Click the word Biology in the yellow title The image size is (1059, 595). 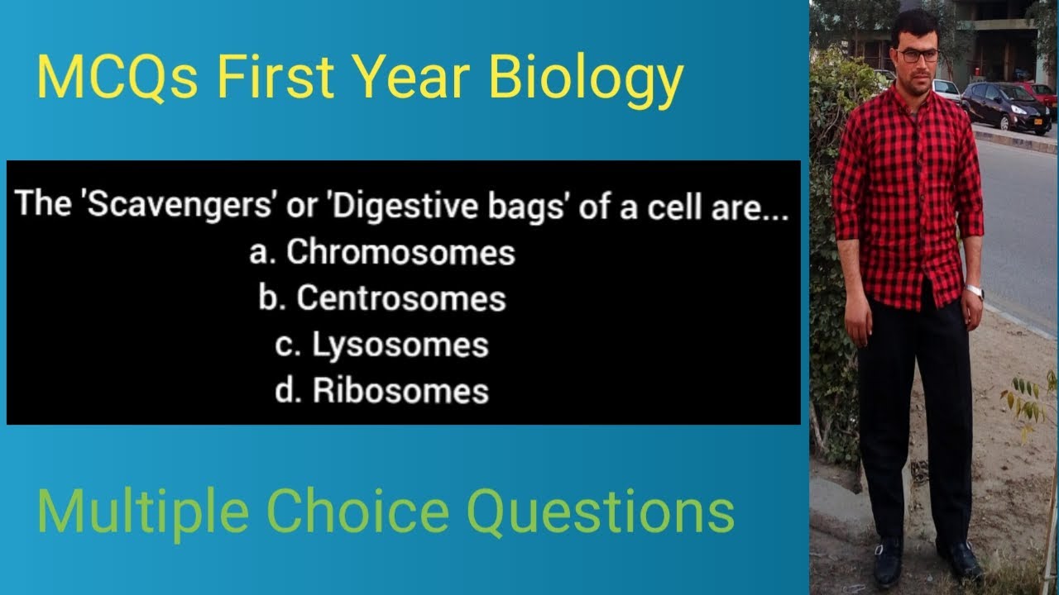pos(586,79)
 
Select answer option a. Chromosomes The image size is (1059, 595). pos(382,252)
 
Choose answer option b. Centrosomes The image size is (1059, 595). pos(382,298)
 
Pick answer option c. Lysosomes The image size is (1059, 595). pos(382,345)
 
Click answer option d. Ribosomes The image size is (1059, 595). pos(382,391)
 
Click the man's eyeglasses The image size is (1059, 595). pos(918,56)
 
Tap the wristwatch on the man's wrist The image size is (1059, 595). pos(975,291)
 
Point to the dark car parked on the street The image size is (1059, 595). pos(1004,106)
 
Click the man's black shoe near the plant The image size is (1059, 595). pos(961,561)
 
